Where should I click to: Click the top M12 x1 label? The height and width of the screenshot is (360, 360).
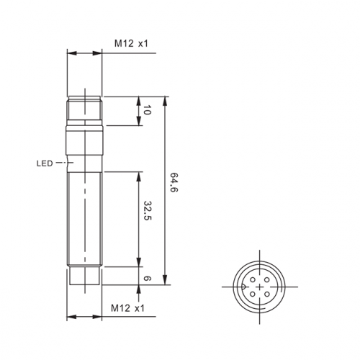131,43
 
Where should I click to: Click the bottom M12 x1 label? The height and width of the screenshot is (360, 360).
127,308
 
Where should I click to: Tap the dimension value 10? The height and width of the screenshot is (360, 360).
148,110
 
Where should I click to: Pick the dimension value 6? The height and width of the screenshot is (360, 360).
147,279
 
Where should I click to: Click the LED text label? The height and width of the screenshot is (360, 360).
45,163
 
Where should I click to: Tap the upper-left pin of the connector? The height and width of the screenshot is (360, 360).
253,279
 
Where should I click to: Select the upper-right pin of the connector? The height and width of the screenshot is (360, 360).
266,279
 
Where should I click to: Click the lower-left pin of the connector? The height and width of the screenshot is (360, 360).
253,294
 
